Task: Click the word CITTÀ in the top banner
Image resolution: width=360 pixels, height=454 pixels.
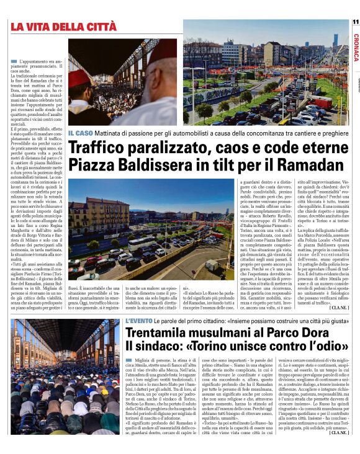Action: (x=96, y=27)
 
